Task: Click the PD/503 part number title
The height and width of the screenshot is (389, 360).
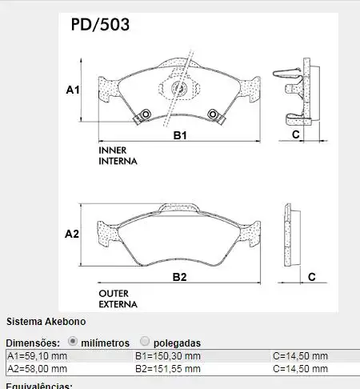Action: (x=100, y=24)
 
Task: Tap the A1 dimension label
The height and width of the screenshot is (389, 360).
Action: (x=72, y=91)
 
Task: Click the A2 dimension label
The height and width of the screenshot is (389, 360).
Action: (x=72, y=235)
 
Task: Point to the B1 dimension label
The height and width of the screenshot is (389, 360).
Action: (x=180, y=136)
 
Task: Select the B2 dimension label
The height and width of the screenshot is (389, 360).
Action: (x=180, y=277)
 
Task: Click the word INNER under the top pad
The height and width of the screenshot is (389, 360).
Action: (x=113, y=150)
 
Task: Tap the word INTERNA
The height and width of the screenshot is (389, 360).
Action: (x=118, y=161)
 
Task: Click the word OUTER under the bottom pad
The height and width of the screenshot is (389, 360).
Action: (x=114, y=293)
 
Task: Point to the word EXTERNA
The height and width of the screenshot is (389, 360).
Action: (x=118, y=304)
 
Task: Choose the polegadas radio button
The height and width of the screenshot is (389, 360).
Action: (x=145, y=341)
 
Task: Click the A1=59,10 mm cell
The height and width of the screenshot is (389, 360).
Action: (x=38, y=356)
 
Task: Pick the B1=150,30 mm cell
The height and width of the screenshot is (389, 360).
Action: (x=168, y=356)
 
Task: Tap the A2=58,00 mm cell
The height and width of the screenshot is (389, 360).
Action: (x=38, y=369)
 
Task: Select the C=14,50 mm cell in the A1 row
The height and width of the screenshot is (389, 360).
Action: (x=300, y=356)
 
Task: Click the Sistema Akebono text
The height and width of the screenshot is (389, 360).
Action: (x=40, y=323)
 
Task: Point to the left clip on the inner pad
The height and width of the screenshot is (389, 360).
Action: (x=144, y=116)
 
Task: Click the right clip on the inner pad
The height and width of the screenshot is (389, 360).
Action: (x=214, y=116)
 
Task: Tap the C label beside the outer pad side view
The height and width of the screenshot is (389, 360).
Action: (x=312, y=277)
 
